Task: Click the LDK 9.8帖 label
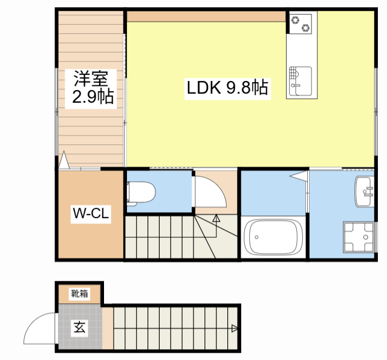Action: click(227, 89)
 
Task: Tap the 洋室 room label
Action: click(91, 79)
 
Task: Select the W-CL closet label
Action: click(91, 213)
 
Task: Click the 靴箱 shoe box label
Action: click(79, 294)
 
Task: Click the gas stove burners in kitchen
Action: click(301, 24)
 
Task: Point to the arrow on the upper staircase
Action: click(216, 218)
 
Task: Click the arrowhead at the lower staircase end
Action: click(234, 329)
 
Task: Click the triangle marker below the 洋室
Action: click(64, 161)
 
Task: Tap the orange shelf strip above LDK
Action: click(206, 16)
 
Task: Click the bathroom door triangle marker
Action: click(299, 176)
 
